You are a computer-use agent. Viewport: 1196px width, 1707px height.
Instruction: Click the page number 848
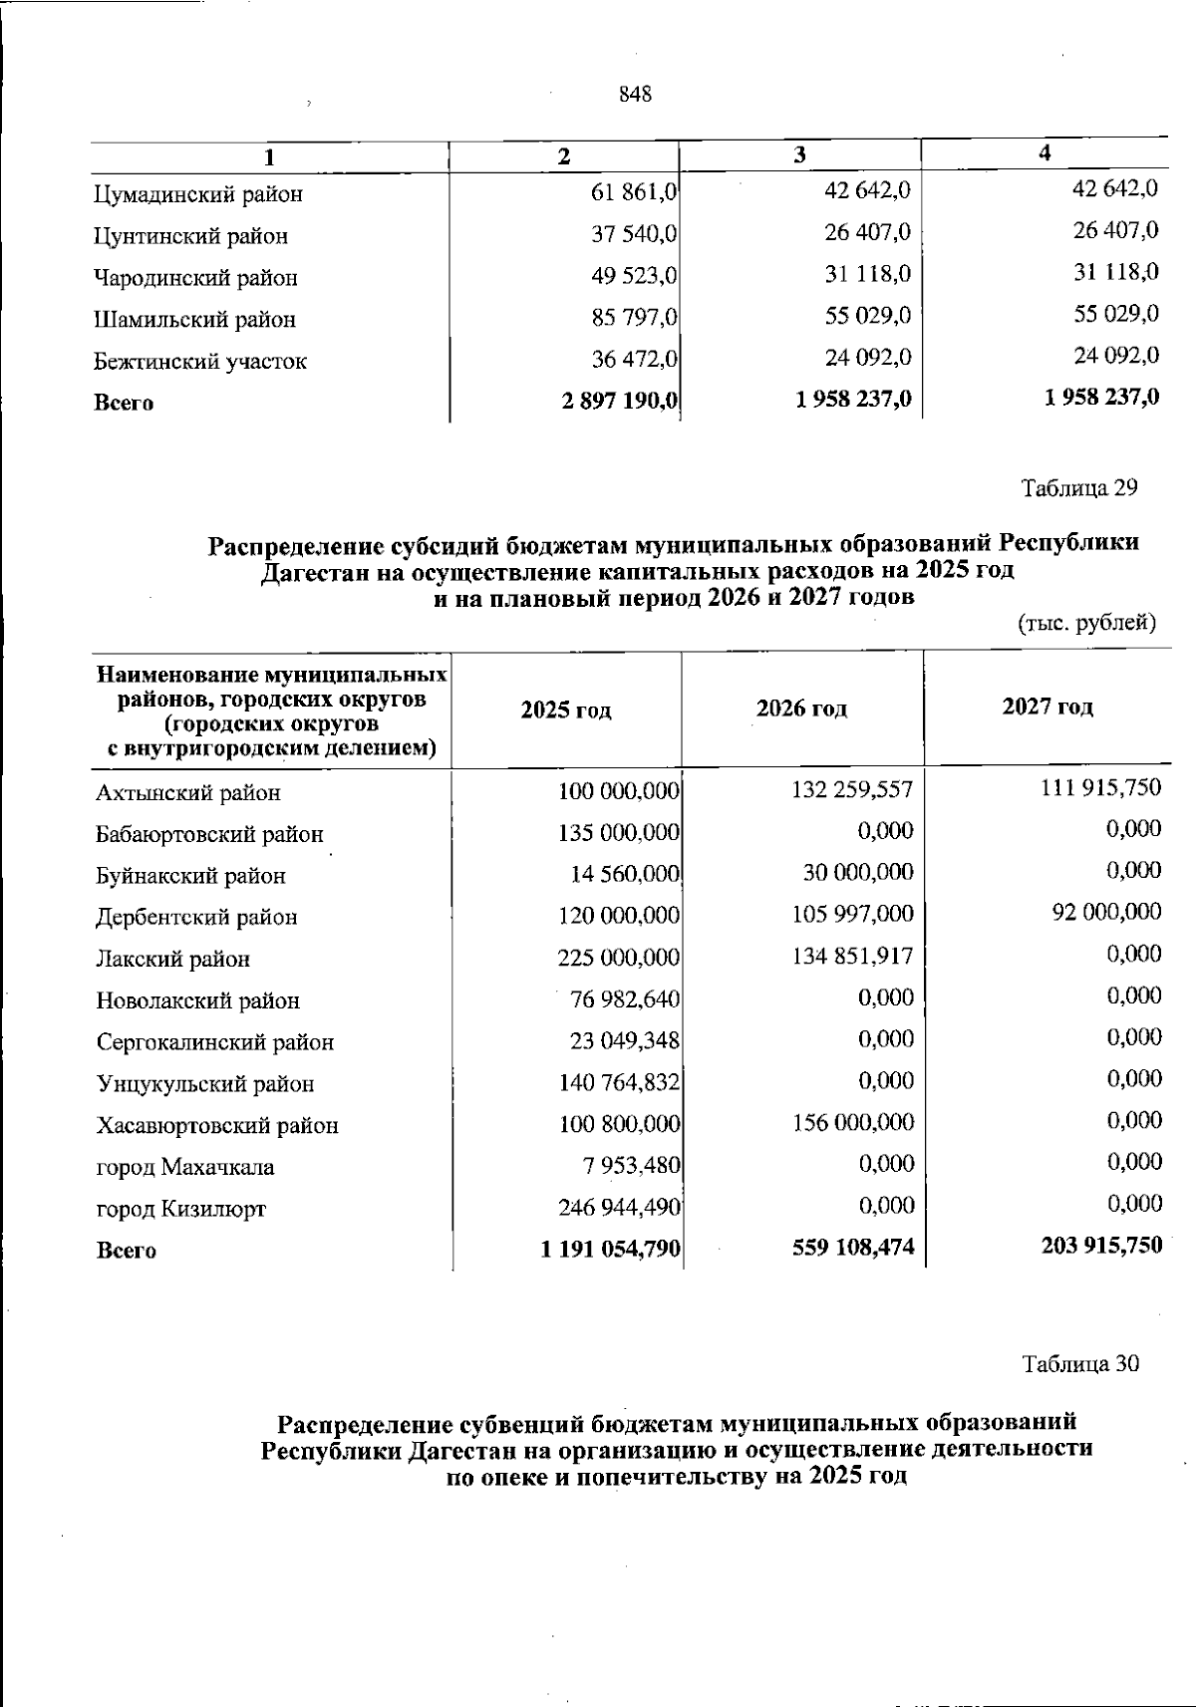point(635,95)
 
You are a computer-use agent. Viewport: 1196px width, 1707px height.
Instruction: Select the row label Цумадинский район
point(198,194)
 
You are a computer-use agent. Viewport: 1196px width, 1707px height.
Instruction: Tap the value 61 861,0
point(635,191)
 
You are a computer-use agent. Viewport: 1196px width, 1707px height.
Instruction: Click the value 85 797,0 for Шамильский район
point(635,317)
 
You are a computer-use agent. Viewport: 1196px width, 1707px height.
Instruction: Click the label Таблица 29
point(1079,488)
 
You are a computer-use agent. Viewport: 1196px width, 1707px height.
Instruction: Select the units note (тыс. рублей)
point(1086,624)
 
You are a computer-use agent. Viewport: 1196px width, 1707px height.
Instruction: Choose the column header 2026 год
point(801,709)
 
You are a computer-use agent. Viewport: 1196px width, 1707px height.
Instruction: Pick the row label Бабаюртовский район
point(210,834)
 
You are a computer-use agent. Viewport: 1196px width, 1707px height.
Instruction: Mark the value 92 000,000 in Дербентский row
point(1106,912)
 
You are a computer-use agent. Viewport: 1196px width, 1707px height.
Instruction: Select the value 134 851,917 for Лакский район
point(852,957)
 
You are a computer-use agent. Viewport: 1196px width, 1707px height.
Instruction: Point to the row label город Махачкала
point(185,1167)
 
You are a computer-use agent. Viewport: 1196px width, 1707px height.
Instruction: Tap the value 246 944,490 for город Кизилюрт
point(619,1208)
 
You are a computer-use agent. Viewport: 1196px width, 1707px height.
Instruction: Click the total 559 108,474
point(852,1246)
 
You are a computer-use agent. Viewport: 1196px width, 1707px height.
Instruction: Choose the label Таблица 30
point(1080,1364)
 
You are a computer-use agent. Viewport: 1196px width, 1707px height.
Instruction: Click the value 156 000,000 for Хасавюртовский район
point(852,1123)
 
